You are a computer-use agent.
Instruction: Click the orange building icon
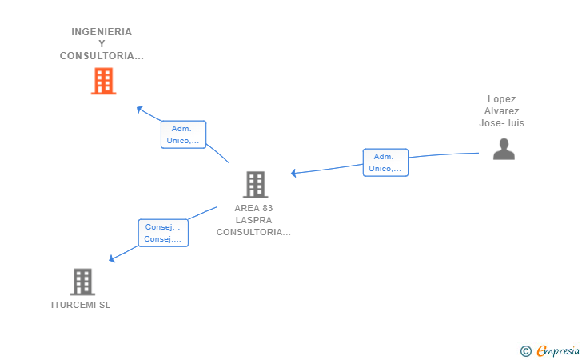104,81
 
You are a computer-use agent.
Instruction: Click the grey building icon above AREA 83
255,185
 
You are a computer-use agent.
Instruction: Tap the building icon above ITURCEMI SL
82,282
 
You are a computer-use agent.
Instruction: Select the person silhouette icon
504,149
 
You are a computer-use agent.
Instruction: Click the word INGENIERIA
102,32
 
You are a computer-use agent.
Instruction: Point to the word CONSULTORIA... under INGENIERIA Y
102,56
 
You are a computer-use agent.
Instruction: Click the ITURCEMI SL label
81,305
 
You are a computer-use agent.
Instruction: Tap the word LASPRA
254,220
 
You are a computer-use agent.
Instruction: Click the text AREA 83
253,208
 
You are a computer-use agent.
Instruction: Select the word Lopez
502,99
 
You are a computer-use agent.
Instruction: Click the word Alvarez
502,111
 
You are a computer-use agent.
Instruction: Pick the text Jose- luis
502,123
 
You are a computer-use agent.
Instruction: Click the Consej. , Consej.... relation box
163,233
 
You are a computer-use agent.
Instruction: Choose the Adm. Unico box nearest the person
385,162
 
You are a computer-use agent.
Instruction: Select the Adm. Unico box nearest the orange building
183,134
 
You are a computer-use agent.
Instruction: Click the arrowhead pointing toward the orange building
140,109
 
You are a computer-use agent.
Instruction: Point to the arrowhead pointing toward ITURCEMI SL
112,258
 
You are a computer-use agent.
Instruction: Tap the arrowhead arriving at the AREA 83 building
293,173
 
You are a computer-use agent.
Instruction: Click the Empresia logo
558,350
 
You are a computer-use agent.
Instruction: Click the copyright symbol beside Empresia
526,351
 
